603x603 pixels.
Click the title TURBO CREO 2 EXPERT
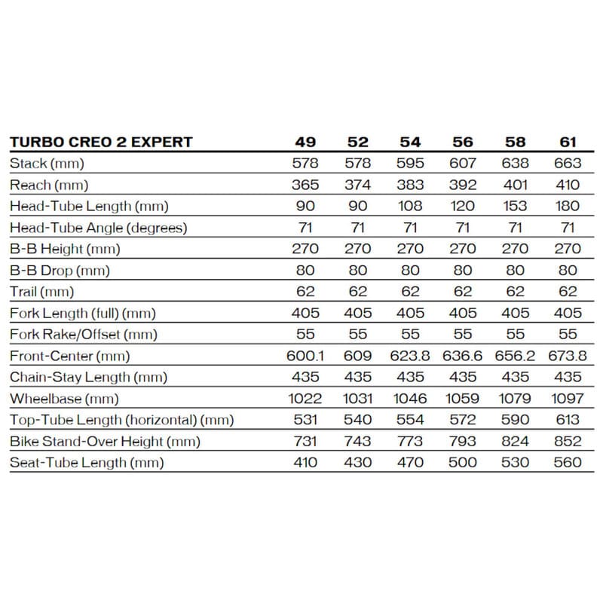[x=100, y=142]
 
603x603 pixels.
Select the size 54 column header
[x=411, y=142]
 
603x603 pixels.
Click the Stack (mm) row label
[x=46, y=164]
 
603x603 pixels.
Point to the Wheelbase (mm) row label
[x=64, y=399]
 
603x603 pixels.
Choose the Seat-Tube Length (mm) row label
[x=86, y=463]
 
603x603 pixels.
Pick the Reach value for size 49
[x=305, y=185]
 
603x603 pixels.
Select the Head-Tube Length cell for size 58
[x=515, y=206]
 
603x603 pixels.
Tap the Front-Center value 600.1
[x=305, y=356]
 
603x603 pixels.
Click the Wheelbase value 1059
[x=463, y=399]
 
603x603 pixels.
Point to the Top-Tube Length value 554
[x=411, y=420]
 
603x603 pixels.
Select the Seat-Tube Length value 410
[x=305, y=463]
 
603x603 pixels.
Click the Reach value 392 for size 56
[x=463, y=185]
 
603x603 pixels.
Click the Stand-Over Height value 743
[x=358, y=442]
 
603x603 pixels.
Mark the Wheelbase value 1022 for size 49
[x=305, y=399]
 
